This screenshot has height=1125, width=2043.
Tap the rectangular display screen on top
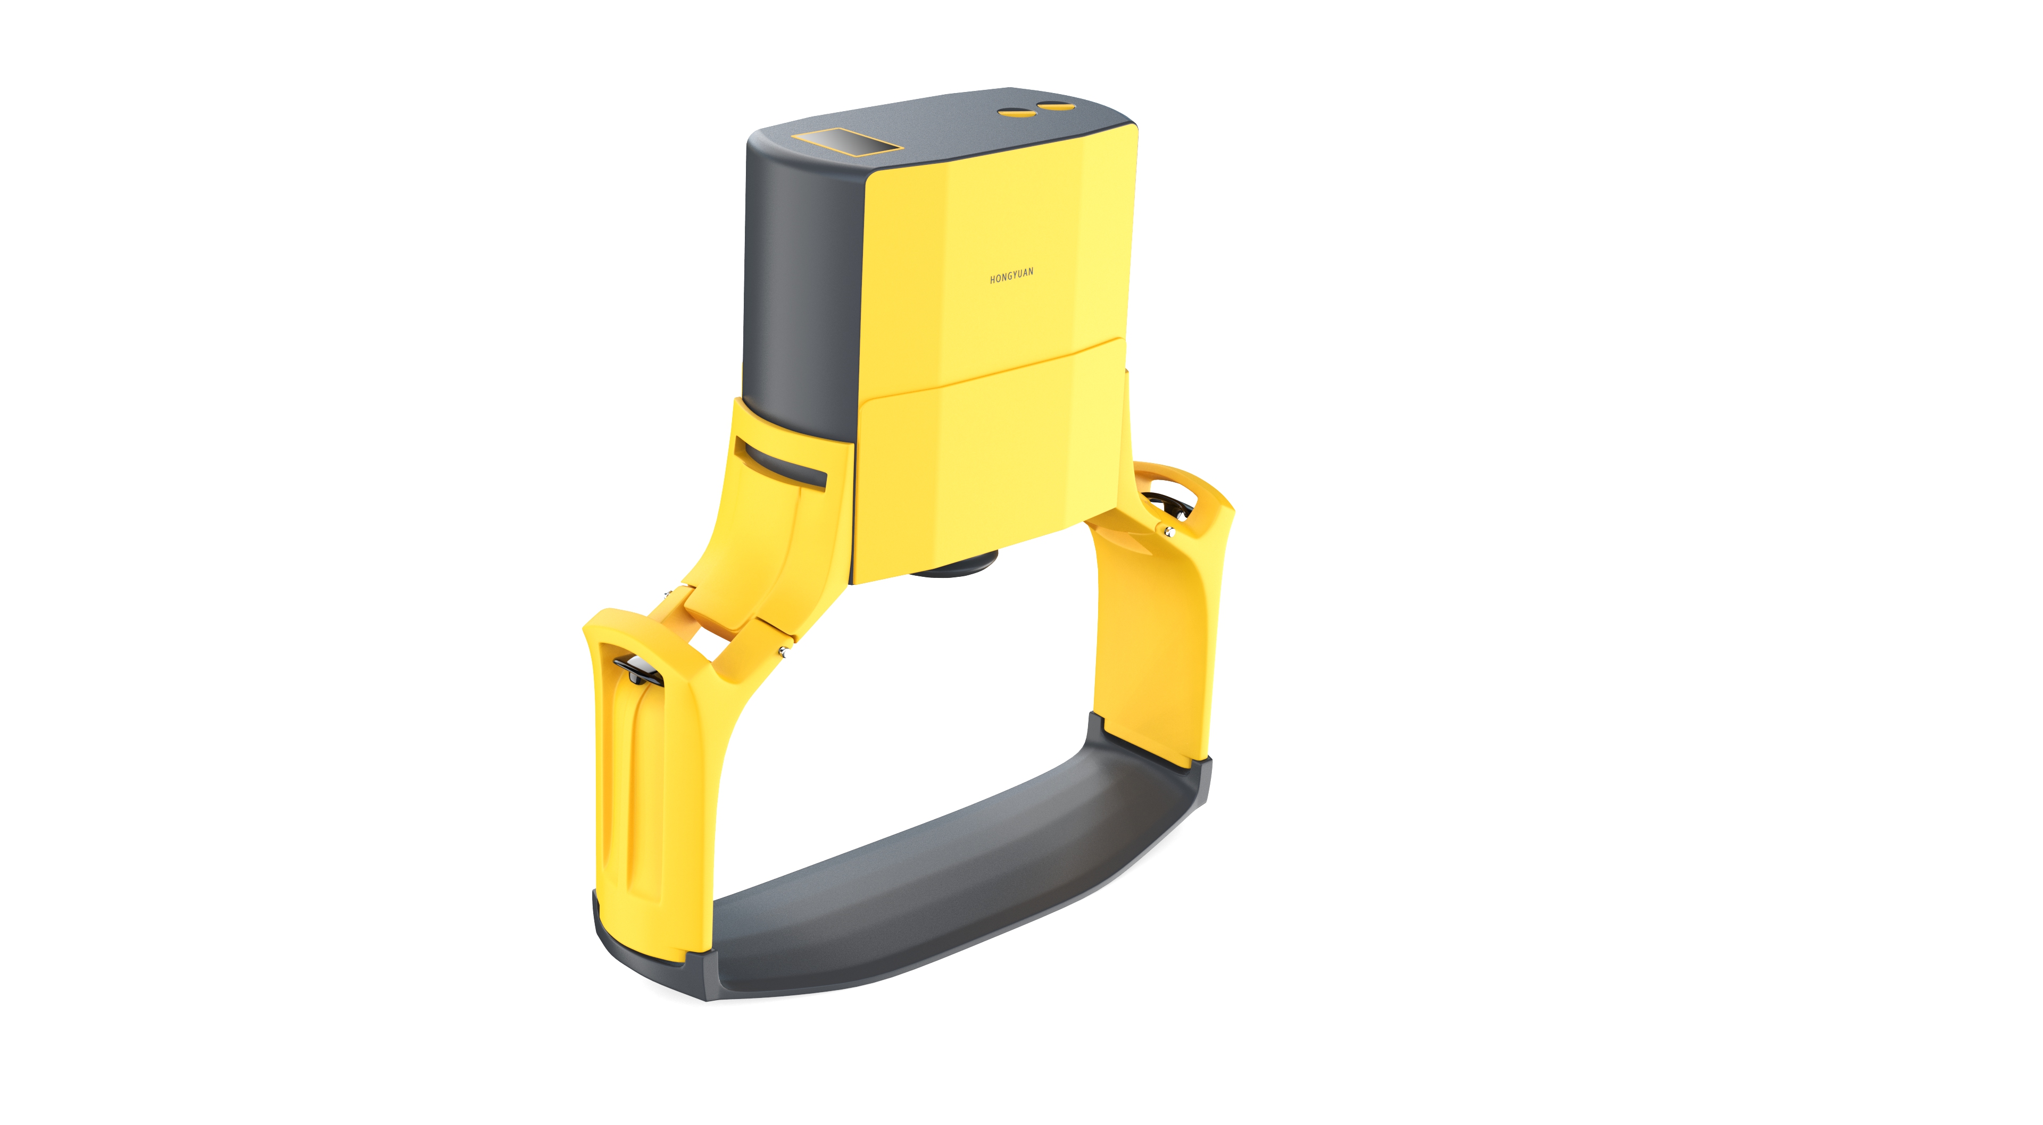(847, 142)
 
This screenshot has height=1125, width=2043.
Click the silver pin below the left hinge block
(783, 652)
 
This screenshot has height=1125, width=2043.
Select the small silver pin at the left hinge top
(668, 593)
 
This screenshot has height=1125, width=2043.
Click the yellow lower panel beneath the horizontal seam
(991, 460)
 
